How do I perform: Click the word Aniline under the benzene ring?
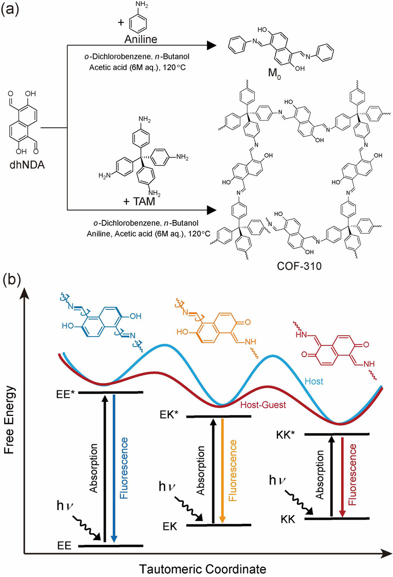(x=141, y=39)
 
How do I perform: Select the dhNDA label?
(x=27, y=164)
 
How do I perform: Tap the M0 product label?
(x=274, y=74)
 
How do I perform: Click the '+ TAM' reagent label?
(x=139, y=201)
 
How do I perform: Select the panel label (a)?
(x=10, y=9)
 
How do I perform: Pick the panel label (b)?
(x=11, y=279)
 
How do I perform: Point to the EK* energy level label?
(x=169, y=415)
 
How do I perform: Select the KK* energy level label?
(x=286, y=435)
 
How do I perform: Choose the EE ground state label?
(x=64, y=546)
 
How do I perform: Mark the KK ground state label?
(x=288, y=519)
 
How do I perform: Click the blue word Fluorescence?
(x=124, y=468)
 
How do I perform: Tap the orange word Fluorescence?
(x=233, y=470)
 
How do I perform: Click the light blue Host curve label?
(x=314, y=381)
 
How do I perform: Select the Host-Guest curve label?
(x=263, y=405)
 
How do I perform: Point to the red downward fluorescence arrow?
(x=342, y=477)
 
